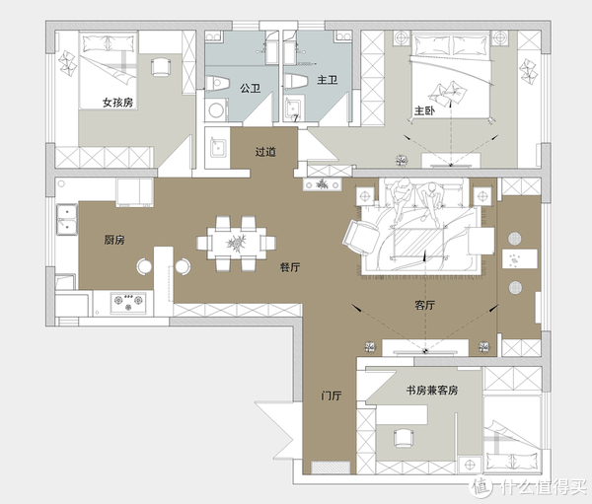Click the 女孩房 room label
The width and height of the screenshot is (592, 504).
tap(117, 103)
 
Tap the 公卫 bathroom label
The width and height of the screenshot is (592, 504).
tap(250, 89)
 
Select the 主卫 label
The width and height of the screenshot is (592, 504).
tap(327, 80)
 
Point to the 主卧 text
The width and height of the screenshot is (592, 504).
tap(424, 110)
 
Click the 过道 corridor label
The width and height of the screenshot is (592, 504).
tap(265, 152)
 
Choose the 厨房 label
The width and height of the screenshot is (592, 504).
tap(114, 240)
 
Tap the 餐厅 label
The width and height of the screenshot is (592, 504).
tap(290, 267)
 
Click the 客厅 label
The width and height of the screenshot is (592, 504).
tap(424, 305)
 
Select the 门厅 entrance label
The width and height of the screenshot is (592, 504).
tap(332, 396)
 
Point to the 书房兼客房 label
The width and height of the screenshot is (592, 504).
tap(432, 390)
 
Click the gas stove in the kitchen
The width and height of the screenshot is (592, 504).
tap(128, 303)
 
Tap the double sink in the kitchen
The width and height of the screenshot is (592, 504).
tap(67, 219)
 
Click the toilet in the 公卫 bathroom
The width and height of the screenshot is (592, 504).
tap(218, 83)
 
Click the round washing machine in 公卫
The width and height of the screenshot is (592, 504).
tap(216, 110)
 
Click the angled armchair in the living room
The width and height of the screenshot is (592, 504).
tap(361, 237)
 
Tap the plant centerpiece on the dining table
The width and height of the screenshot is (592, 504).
tap(237, 242)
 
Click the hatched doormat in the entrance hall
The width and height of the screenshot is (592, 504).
tap(331, 468)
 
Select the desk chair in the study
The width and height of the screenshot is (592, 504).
tap(404, 438)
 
